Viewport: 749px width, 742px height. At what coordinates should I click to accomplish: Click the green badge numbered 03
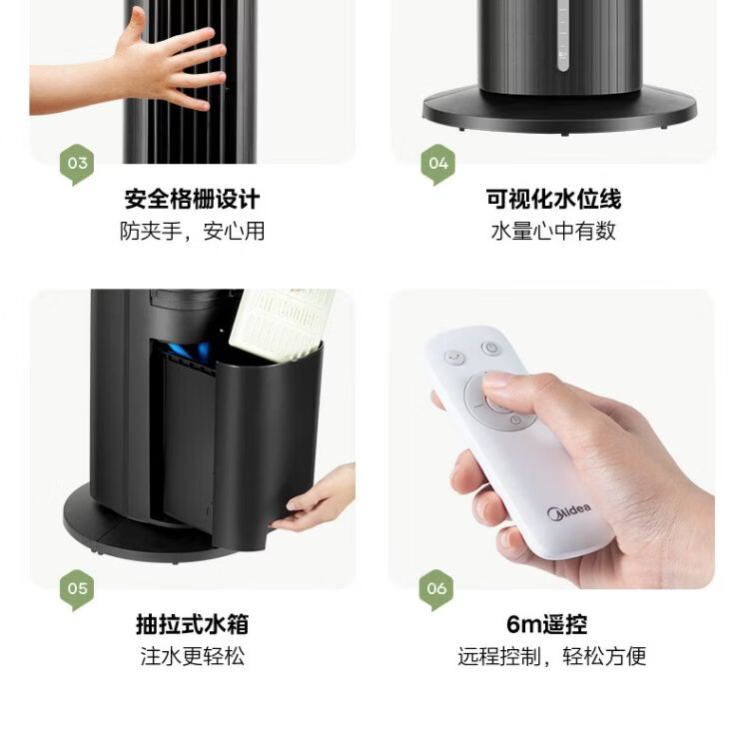(x=77, y=165)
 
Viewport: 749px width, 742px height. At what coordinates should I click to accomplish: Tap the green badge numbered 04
(x=438, y=165)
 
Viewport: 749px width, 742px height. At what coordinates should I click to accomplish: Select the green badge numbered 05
(x=77, y=589)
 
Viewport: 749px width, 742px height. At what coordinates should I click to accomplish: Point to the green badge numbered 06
(x=436, y=589)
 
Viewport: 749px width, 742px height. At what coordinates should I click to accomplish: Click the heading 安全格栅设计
(x=192, y=199)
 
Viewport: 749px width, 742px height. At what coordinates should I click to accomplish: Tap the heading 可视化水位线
(x=553, y=199)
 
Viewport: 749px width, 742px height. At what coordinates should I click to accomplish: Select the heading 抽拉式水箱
(x=192, y=624)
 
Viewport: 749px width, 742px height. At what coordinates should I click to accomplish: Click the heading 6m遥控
(x=546, y=624)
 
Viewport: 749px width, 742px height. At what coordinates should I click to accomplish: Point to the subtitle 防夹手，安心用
(x=192, y=232)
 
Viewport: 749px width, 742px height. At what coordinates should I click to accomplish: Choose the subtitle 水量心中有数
(x=553, y=232)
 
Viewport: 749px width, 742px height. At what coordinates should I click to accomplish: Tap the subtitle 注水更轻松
(x=192, y=656)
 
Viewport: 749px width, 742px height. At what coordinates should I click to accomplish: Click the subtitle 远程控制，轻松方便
(x=551, y=656)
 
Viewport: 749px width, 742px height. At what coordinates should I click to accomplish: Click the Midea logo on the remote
(x=569, y=511)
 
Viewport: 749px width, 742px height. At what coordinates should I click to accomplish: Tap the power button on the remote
(x=490, y=348)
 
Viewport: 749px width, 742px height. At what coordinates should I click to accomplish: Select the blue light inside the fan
(x=190, y=352)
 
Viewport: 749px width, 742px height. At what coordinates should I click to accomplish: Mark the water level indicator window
(x=563, y=36)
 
